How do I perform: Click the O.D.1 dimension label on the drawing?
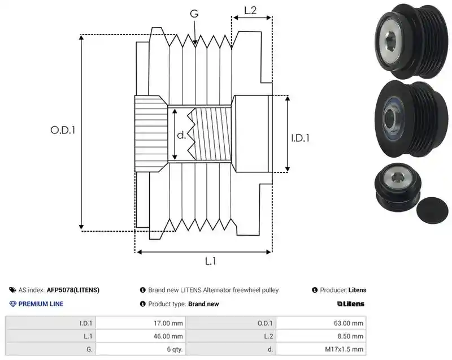tap(63, 130)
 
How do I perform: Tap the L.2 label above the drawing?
tap(250, 10)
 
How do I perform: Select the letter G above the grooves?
tap(194, 13)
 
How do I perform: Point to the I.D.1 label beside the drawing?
tap(300, 138)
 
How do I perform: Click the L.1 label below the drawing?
tap(210, 261)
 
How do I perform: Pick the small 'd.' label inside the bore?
tap(181, 135)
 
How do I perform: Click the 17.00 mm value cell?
tap(141, 323)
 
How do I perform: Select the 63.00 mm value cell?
tap(321, 323)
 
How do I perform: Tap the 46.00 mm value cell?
tap(141, 336)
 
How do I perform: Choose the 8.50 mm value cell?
tap(321, 336)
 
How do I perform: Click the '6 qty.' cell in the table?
tap(141, 349)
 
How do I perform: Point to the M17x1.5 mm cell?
tap(321, 349)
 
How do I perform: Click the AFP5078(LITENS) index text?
tap(73, 290)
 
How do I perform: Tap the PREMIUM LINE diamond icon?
tap(13, 304)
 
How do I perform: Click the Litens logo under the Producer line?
tap(350, 304)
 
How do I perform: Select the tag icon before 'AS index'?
tap(12, 290)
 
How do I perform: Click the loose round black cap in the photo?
tap(433, 210)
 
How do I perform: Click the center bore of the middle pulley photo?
tap(389, 118)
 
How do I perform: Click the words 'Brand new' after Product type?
tap(203, 304)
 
